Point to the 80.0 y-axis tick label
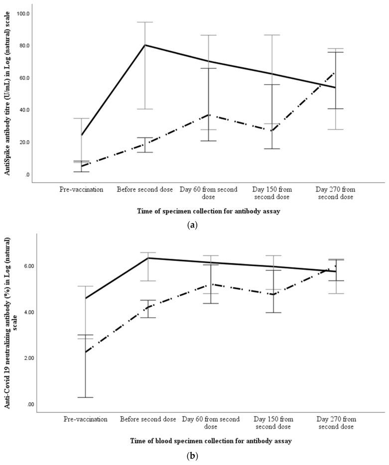coord(23,46)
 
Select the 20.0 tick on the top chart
coord(23,142)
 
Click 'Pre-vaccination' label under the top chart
coord(81,190)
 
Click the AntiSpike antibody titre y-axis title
coord(7,94)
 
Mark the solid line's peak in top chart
coord(145,45)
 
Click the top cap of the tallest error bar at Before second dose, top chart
coord(145,22)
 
